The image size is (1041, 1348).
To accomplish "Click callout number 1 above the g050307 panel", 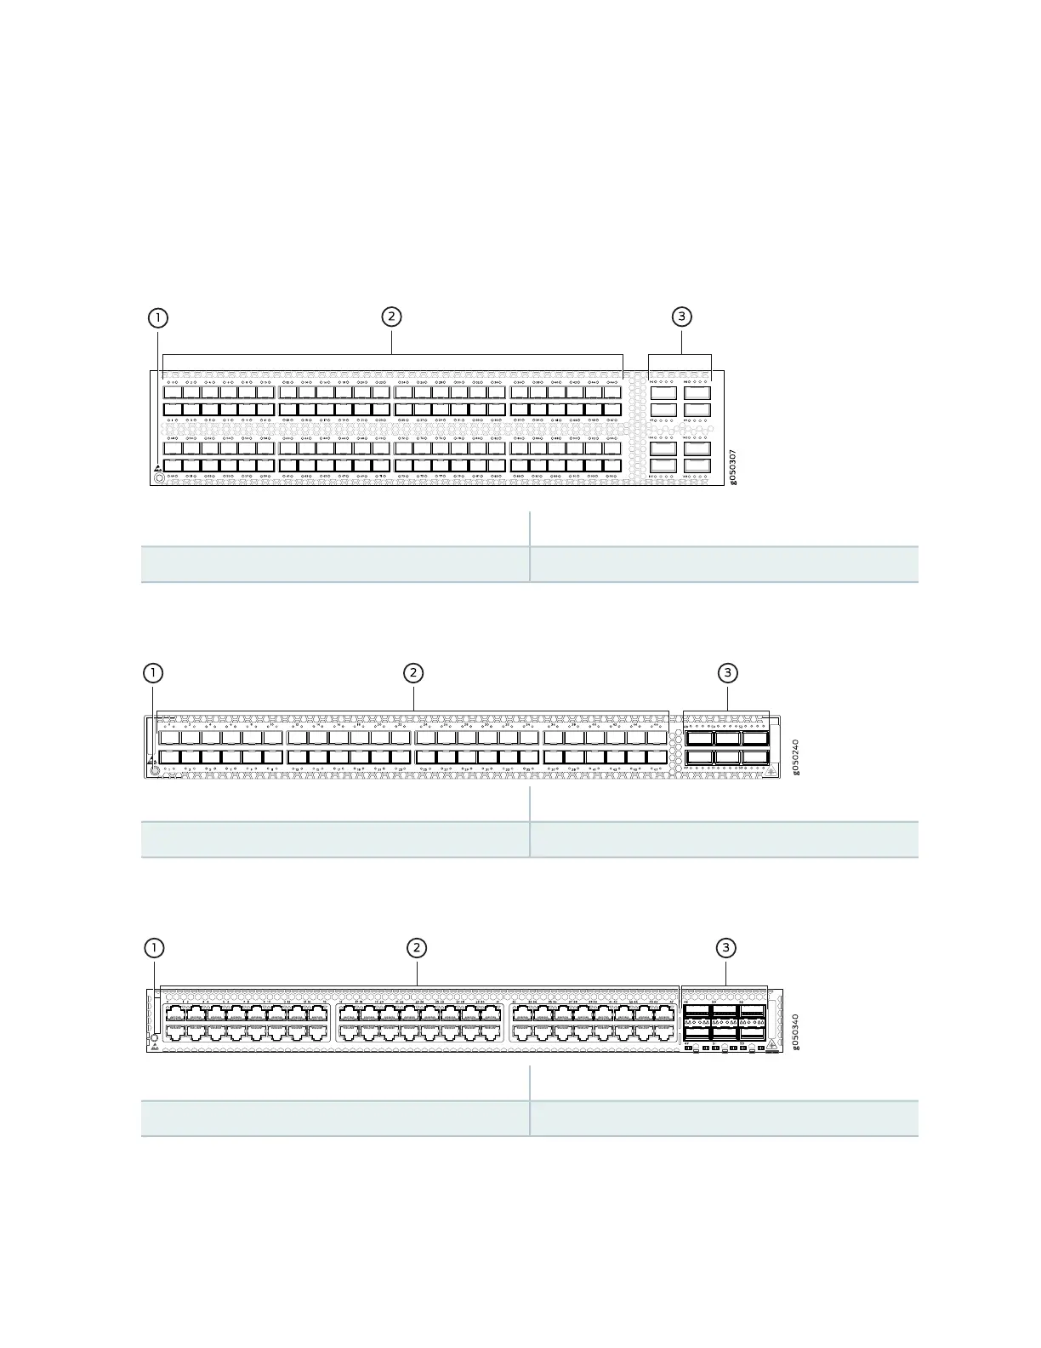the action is pyautogui.click(x=157, y=317).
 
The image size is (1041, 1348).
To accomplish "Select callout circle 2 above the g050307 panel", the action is pyautogui.click(x=391, y=317).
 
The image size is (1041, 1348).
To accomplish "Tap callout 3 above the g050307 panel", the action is pyautogui.click(x=681, y=317).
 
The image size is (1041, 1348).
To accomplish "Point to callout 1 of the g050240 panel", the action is pyautogui.click(x=152, y=673).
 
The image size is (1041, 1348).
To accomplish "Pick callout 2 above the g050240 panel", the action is pyautogui.click(x=412, y=673).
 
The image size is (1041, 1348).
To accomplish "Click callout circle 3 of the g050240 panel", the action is pyautogui.click(x=727, y=673).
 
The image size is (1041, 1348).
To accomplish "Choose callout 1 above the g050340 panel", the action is pyautogui.click(x=153, y=948).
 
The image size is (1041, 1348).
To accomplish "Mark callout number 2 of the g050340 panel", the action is pyautogui.click(x=416, y=948).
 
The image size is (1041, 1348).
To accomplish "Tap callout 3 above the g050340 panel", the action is pyautogui.click(x=725, y=948).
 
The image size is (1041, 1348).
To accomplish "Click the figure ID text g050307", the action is pyautogui.click(x=733, y=467).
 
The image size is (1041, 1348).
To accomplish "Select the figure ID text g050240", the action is pyautogui.click(x=796, y=757).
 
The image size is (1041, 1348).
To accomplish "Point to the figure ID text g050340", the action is pyautogui.click(x=796, y=1031).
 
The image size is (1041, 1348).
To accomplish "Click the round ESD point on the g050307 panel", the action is pyautogui.click(x=159, y=478).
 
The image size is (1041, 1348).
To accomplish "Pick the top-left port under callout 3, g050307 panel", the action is pyautogui.click(x=663, y=393).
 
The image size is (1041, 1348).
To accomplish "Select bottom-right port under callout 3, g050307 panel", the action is pyautogui.click(x=697, y=466).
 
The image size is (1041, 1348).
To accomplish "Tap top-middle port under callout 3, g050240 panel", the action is pyautogui.click(x=727, y=739).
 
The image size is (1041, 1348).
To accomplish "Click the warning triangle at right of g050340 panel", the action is pyautogui.click(x=771, y=1045).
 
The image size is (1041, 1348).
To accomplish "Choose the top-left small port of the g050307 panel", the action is pyautogui.click(x=172, y=392).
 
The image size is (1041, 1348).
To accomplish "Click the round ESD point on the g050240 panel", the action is pyautogui.click(x=155, y=770).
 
